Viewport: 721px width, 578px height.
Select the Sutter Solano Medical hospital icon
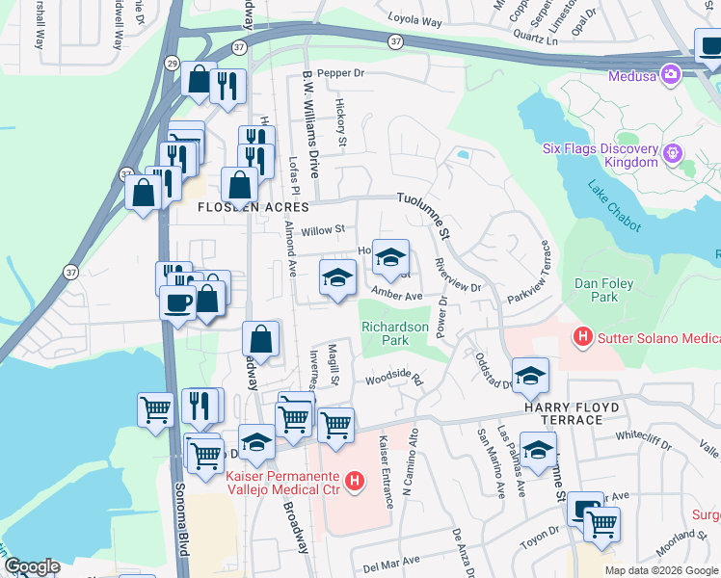tap(582, 336)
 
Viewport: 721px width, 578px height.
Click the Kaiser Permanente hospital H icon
tap(355, 480)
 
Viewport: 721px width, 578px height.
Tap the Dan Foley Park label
tap(609, 291)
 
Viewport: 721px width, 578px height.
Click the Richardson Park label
tap(395, 333)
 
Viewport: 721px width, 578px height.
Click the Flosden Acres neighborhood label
tap(254, 207)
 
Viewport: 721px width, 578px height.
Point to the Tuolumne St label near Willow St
tap(424, 214)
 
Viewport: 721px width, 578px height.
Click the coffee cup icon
tap(178, 302)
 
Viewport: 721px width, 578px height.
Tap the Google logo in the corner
tap(31, 566)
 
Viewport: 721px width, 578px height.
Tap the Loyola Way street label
tap(414, 18)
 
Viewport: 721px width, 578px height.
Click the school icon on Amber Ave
tap(336, 279)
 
